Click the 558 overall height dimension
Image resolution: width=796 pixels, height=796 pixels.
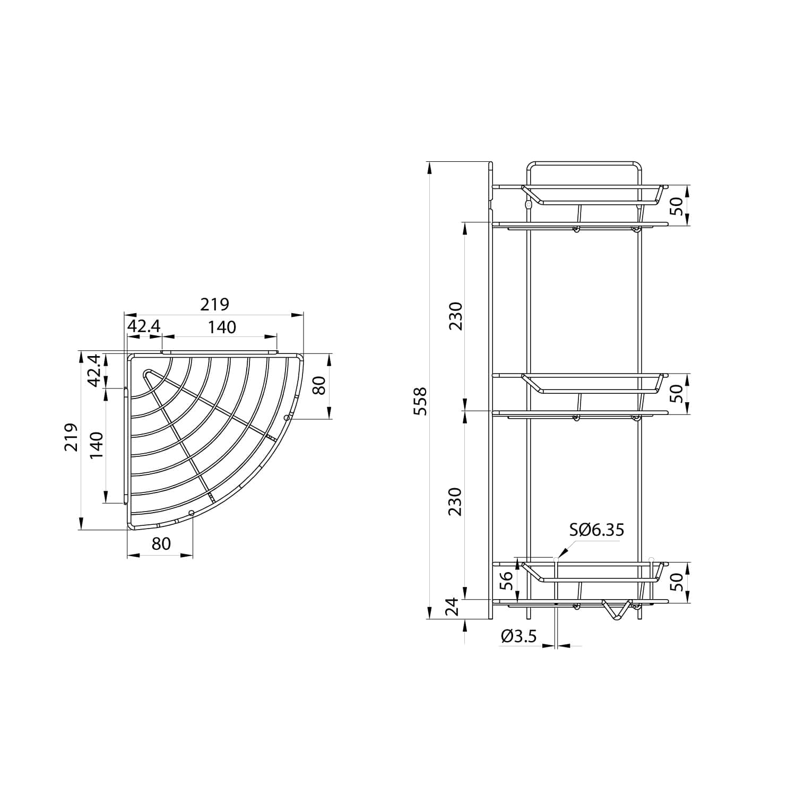coord(420,401)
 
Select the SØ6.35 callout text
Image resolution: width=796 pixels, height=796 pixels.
coord(597,530)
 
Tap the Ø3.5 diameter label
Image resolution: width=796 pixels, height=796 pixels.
coord(518,635)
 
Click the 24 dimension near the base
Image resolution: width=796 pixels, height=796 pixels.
coord(452,606)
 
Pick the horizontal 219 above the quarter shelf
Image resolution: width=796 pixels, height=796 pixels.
coord(214,305)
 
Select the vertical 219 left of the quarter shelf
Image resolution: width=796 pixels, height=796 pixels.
coord(72,437)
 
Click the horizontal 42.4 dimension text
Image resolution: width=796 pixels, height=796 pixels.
coord(143,326)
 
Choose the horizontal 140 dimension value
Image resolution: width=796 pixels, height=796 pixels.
coord(221,327)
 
